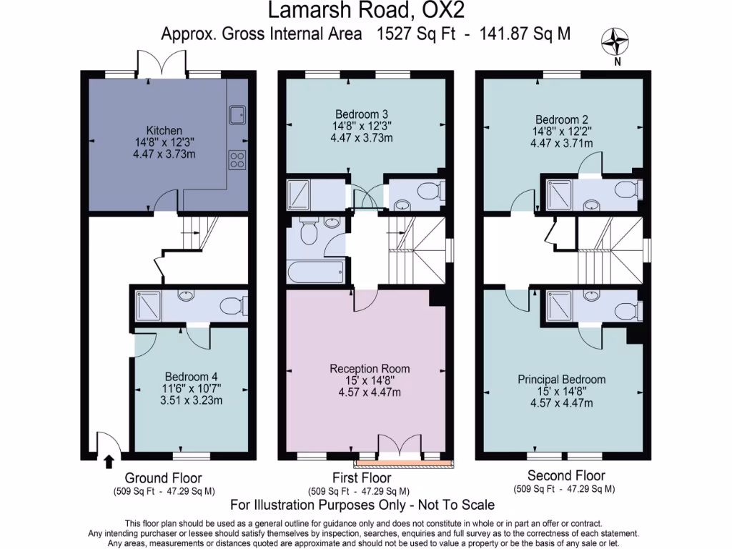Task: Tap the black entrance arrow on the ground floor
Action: coord(109,461)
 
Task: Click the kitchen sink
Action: coord(237,114)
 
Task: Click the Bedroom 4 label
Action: coord(191,377)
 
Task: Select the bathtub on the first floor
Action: coord(315,272)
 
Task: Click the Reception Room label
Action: coord(370,368)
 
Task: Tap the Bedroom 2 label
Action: coord(562,119)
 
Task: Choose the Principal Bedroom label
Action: coord(562,380)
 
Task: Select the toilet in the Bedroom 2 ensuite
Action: coord(627,190)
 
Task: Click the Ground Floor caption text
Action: coord(163,478)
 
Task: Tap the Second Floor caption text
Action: coord(566,475)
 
